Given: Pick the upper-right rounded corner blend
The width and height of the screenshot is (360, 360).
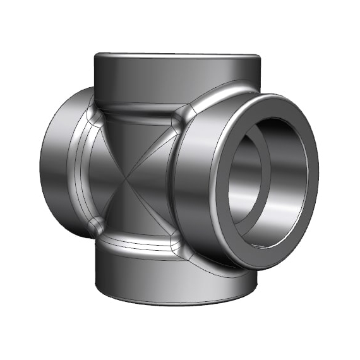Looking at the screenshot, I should pyautogui.click(x=184, y=113).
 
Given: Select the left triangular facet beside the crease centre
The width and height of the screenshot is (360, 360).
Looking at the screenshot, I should pyautogui.click(x=104, y=177).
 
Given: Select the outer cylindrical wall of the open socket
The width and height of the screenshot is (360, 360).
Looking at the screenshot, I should pyautogui.click(x=196, y=189).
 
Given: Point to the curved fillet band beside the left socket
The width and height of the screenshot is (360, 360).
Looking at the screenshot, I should pyautogui.click(x=79, y=171).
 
